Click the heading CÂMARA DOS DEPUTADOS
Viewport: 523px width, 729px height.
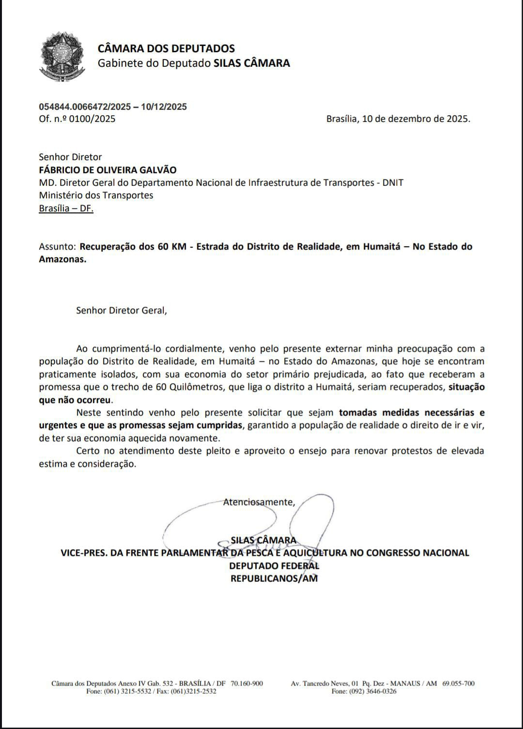[166, 48]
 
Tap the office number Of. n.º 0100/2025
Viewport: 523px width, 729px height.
[77, 119]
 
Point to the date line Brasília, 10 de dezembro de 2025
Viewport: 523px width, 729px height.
[398, 119]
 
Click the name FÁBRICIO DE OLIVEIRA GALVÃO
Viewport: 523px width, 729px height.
[108, 170]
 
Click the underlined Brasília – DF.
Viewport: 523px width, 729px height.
[66, 208]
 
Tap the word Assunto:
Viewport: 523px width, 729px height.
[58, 247]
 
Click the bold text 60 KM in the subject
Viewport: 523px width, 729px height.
[169, 247]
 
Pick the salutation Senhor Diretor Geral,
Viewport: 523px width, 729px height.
[121, 311]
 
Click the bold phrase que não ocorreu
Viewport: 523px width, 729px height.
[75, 400]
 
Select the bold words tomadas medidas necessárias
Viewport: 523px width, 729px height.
[406, 413]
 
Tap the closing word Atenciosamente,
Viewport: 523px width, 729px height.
[259, 502]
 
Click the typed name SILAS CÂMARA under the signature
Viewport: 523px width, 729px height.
[263, 540]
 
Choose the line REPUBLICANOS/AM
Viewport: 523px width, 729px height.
[274, 578]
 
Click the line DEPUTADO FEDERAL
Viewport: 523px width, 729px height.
[274, 565]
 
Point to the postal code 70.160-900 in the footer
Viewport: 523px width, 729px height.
[247, 684]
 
